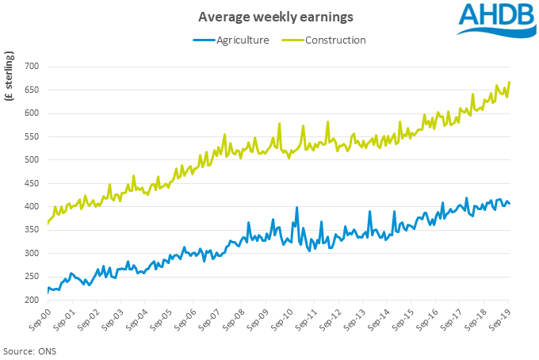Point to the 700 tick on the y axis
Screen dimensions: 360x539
(x=31, y=66)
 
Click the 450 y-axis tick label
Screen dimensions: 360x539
(x=31, y=183)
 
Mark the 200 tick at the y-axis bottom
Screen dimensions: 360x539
(x=31, y=301)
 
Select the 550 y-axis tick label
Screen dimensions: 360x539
(x=31, y=136)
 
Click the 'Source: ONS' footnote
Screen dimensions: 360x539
(x=29, y=350)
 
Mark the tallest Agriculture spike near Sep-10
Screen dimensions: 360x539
(x=296, y=208)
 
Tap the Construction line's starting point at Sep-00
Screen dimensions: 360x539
(x=48, y=224)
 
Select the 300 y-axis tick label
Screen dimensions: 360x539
(x=31, y=254)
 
